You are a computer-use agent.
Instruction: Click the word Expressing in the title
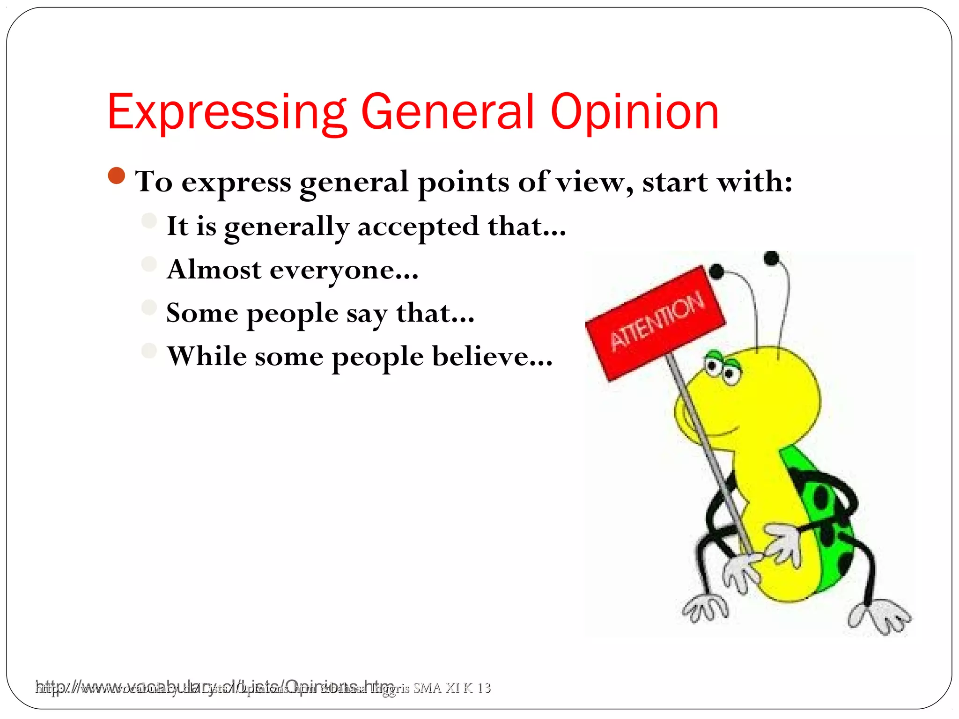[x=227, y=112]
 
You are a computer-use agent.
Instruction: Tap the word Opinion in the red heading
[x=634, y=112]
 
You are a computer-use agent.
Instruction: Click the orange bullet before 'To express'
[x=116, y=176]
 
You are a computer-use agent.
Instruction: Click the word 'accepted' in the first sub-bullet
[x=418, y=227]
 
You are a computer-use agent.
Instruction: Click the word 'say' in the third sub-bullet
[x=367, y=314]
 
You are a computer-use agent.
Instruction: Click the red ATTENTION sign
[x=656, y=323]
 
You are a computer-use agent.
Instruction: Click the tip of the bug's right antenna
[x=771, y=258]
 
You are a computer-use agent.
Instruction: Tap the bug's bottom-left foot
[x=705, y=609]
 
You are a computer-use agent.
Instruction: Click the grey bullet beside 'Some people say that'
[x=149, y=308]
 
